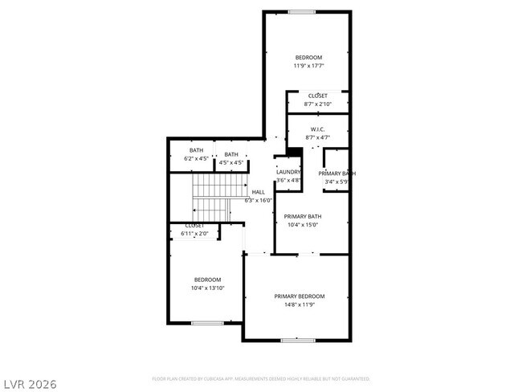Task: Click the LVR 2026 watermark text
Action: (30, 384)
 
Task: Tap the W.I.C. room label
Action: (316, 129)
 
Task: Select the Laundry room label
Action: (288, 172)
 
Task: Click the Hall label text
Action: (258, 193)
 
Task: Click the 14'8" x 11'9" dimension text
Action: (300, 305)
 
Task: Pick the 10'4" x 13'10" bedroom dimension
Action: (207, 288)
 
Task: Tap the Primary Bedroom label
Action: (300, 296)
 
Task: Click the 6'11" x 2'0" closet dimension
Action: (196, 234)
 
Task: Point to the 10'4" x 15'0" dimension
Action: (304, 225)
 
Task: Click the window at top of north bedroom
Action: (302, 11)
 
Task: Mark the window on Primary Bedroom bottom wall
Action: (298, 341)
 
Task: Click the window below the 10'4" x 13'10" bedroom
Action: (207, 323)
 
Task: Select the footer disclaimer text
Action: (261, 378)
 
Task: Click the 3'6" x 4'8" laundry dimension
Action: (288, 181)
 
